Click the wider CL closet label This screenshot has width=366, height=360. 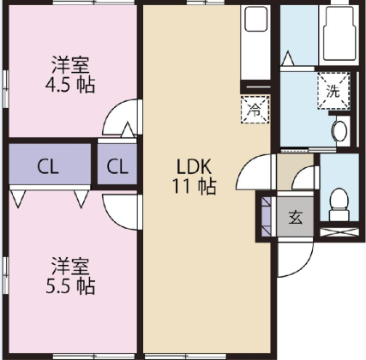click(x=48, y=165)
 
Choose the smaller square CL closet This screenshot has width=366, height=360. click(x=118, y=165)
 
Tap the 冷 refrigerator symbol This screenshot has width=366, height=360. click(x=255, y=109)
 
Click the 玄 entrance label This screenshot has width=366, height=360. click(x=295, y=217)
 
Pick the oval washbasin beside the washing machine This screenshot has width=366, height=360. click(x=339, y=131)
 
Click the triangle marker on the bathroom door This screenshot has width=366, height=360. click(x=288, y=59)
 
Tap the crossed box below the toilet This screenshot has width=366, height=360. click(x=339, y=229)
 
